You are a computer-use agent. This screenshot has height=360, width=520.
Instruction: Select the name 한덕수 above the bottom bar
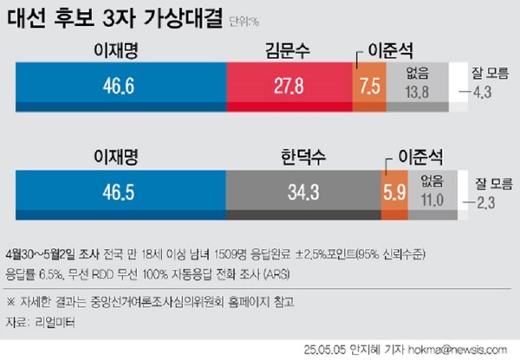click(302, 160)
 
